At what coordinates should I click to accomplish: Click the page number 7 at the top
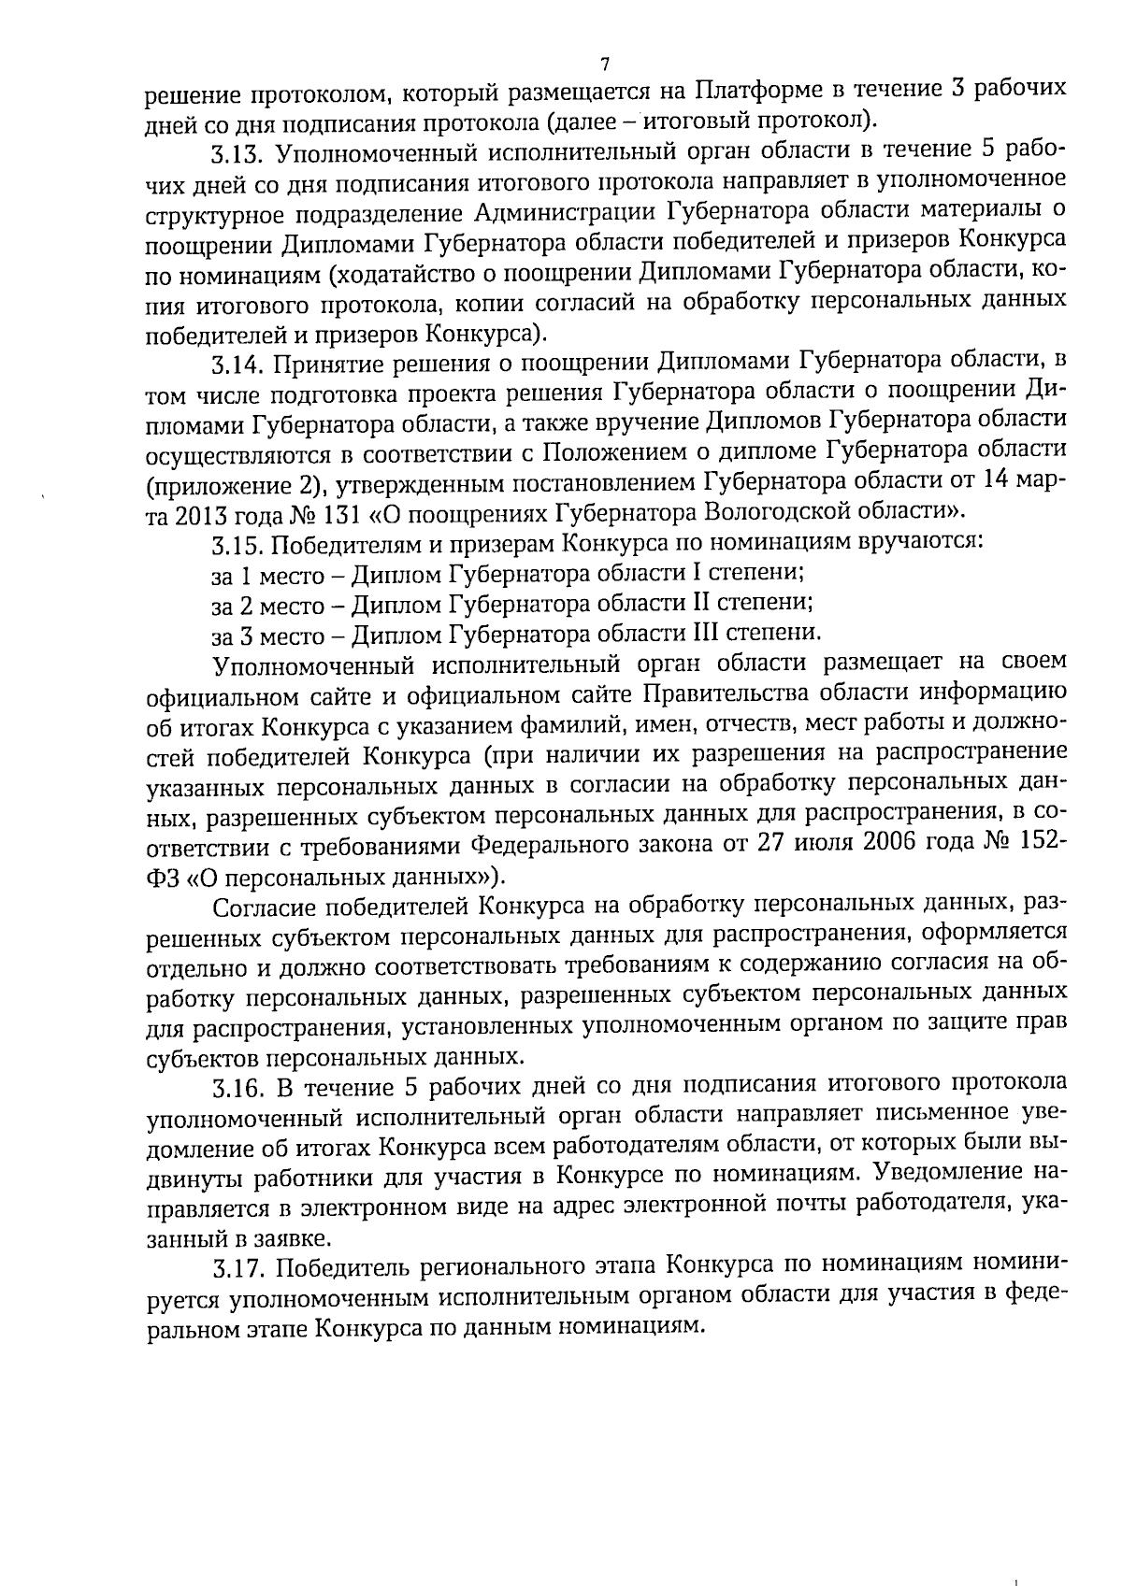(604, 64)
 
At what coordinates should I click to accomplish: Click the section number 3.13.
(240, 150)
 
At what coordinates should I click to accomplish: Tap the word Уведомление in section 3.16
(941, 1170)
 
